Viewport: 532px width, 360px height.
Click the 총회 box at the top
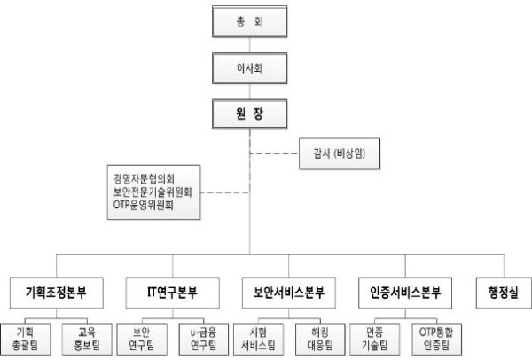tap(251, 19)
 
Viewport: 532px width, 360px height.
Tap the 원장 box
tap(251, 114)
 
